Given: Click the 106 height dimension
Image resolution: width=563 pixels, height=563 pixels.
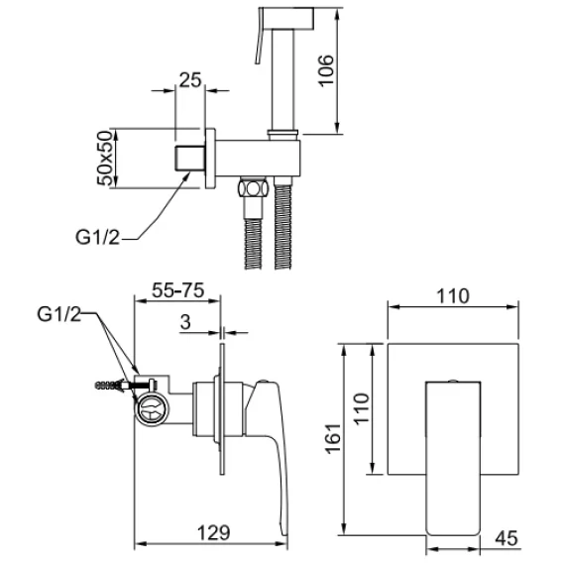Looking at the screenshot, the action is (326, 70).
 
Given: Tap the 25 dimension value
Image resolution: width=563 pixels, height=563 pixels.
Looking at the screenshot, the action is (190, 79).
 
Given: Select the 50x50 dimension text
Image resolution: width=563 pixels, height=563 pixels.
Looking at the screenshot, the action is (104, 158).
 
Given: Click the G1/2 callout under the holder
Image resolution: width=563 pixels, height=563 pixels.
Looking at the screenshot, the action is (97, 237).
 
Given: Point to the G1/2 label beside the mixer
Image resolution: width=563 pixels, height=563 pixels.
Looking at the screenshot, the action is (58, 314).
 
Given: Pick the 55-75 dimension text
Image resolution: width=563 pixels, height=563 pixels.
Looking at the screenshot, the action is (177, 290).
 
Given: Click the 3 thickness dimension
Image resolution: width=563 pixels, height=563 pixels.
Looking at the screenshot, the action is (185, 322).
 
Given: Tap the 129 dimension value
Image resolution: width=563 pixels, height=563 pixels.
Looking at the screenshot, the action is (213, 533).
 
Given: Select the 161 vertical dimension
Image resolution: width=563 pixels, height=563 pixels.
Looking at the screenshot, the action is (333, 438).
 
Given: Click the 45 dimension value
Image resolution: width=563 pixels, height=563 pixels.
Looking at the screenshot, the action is (507, 538).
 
